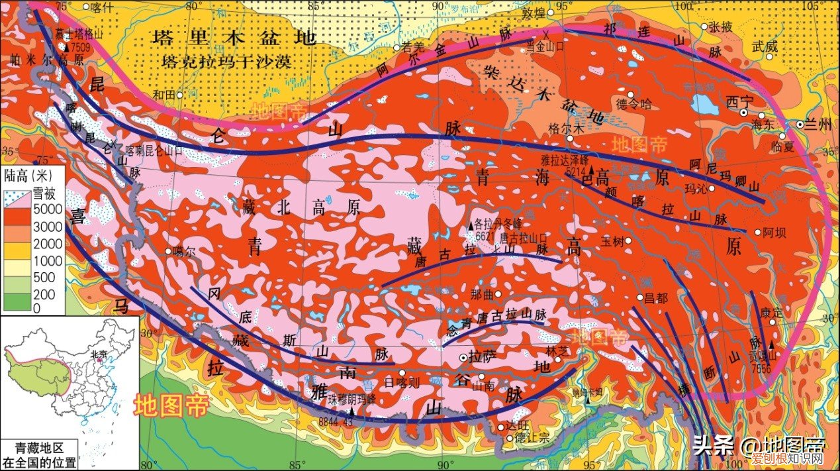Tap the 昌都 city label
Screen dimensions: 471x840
(x=657, y=298)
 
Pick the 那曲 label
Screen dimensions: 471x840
(x=481, y=294)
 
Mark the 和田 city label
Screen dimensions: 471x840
(x=165, y=95)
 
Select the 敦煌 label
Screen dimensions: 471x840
(x=536, y=13)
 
